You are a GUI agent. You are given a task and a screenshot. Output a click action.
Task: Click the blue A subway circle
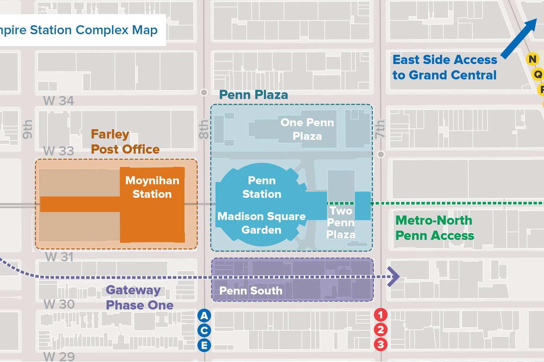[204, 315]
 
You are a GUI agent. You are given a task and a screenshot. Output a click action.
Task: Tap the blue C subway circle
[204, 331]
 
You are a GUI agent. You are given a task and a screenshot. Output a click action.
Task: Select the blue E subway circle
[204, 345]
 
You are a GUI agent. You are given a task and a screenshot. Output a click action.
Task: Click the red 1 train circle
[381, 315]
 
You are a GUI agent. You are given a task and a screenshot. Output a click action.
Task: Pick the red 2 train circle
[381, 330]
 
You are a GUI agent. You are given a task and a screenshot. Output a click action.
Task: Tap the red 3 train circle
[381, 344]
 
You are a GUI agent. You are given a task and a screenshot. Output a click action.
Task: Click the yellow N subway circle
[532, 59]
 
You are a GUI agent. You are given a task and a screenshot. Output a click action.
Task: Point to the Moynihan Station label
[152, 187]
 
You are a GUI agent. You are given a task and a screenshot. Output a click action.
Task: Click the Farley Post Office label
[125, 142]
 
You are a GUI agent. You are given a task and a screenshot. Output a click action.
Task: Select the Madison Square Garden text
[262, 223]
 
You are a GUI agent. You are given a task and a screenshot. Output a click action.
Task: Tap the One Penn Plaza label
[307, 129]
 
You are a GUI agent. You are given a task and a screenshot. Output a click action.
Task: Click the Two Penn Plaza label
[341, 222]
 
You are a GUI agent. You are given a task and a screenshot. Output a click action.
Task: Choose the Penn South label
[251, 291]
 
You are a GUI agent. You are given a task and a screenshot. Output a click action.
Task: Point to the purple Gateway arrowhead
[394, 277]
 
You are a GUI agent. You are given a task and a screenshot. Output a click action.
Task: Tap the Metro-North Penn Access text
[434, 228]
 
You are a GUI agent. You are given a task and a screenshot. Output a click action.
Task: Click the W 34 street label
[59, 101]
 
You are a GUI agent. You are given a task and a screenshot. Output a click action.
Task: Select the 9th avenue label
[27, 129]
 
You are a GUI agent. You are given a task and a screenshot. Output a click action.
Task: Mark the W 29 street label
[59, 356]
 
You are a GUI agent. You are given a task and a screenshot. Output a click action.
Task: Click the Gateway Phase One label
[139, 298]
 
